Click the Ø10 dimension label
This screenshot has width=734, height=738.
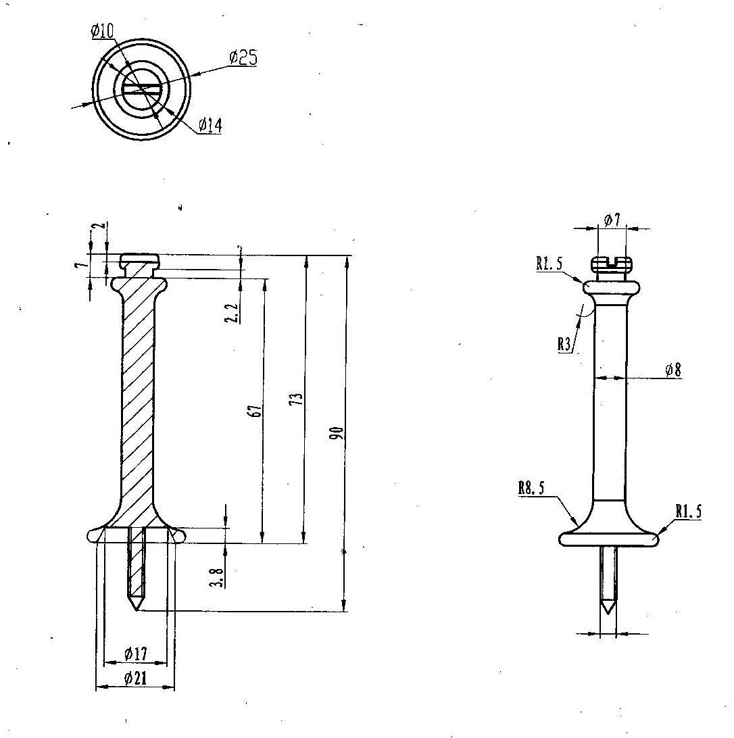click(x=102, y=30)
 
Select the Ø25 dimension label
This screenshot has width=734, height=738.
click(x=243, y=57)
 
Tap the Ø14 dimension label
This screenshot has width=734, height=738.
click(x=210, y=125)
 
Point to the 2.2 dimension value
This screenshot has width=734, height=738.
click(x=231, y=312)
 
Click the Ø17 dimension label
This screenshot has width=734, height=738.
click(x=136, y=654)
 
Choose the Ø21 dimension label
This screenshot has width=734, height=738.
click(x=135, y=679)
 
